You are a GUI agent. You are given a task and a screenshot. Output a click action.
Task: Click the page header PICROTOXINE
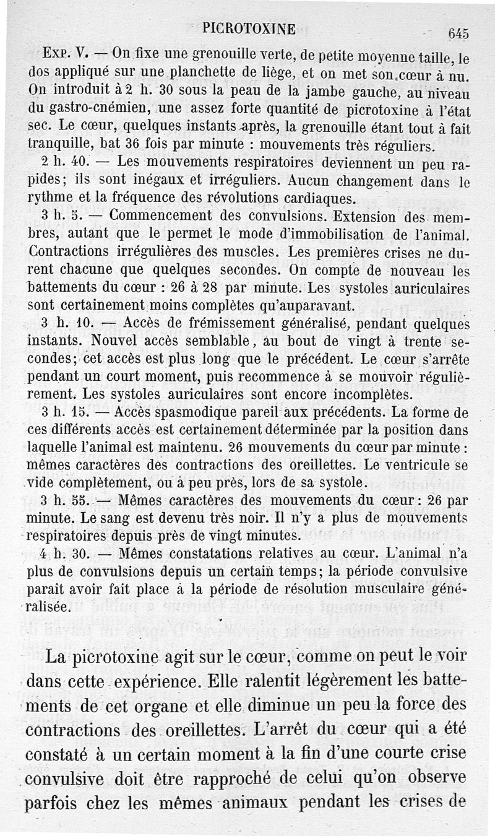tap(249, 27)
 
